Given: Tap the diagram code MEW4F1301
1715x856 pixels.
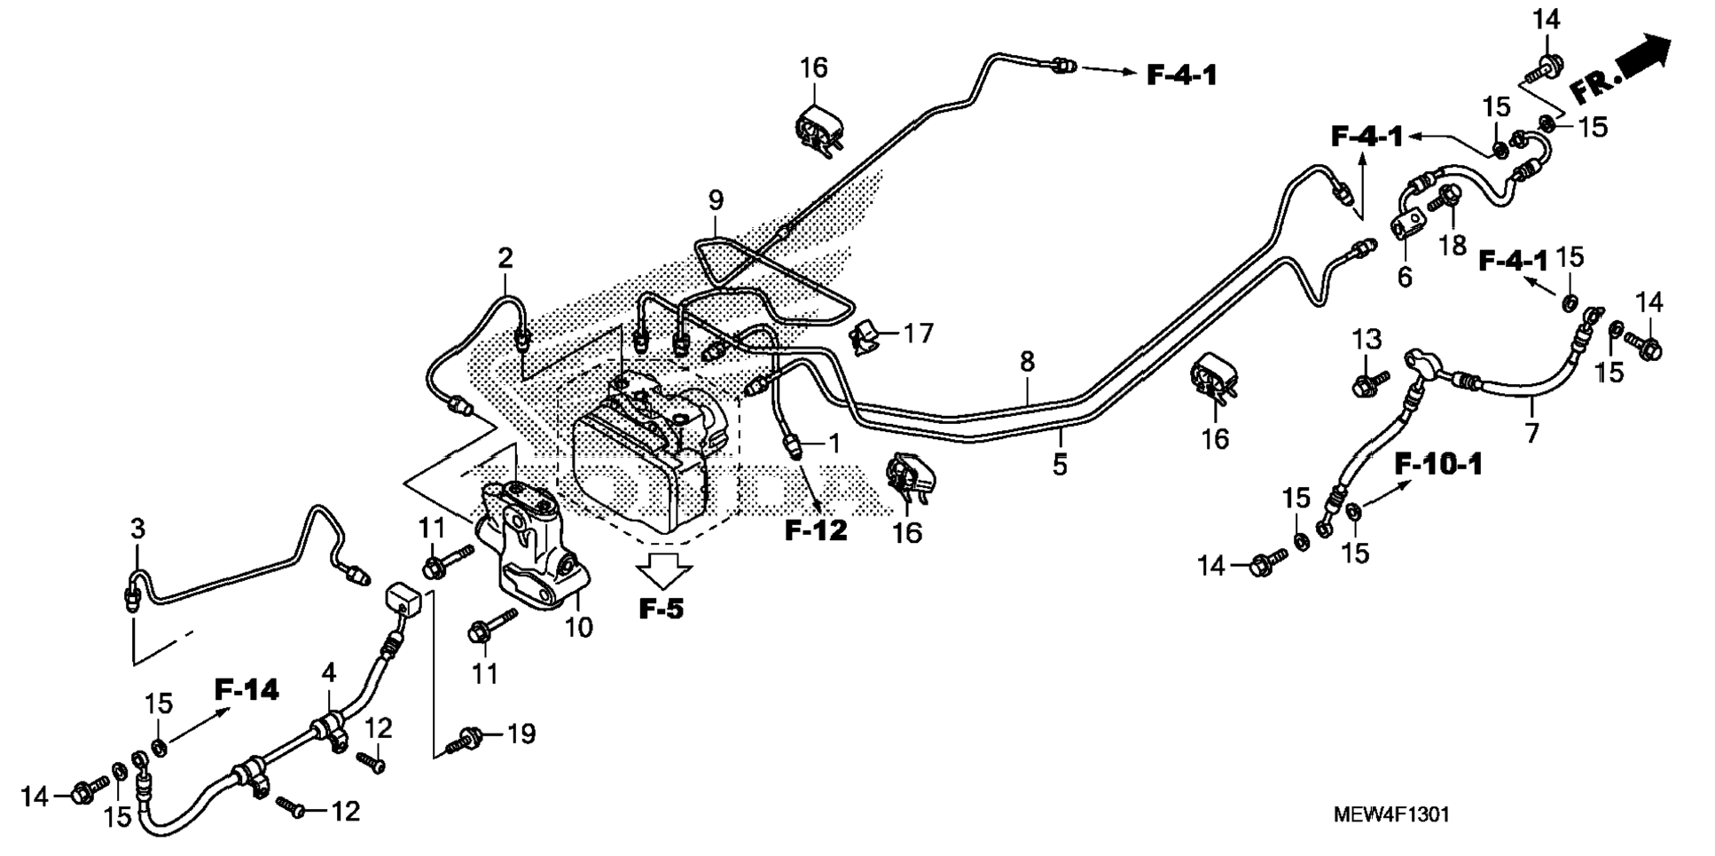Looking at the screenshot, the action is [x=1391, y=814].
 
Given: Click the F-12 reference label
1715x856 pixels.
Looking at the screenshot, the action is [x=816, y=530].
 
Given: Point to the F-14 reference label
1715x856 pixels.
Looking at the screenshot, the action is [x=247, y=689].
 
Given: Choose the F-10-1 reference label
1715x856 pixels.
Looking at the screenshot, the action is [x=1438, y=464].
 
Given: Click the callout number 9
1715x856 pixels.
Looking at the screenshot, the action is [x=716, y=201].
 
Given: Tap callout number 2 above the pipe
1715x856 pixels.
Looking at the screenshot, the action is [x=505, y=259].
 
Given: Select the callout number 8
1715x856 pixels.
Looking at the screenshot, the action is [x=1027, y=362].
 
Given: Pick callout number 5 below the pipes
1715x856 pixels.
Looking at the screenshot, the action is [x=1061, y=464].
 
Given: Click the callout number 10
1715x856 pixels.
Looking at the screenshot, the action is [x=578, y=627].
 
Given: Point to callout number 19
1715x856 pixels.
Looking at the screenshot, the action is [x=521, y=734].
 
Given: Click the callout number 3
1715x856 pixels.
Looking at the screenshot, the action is [x=137, y=530].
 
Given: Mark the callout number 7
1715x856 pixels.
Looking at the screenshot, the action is [x=1531, y=434].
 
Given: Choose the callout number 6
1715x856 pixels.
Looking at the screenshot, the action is [x=1405, y=277].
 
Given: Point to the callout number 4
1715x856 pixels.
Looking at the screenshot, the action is [x=329, y=672].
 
